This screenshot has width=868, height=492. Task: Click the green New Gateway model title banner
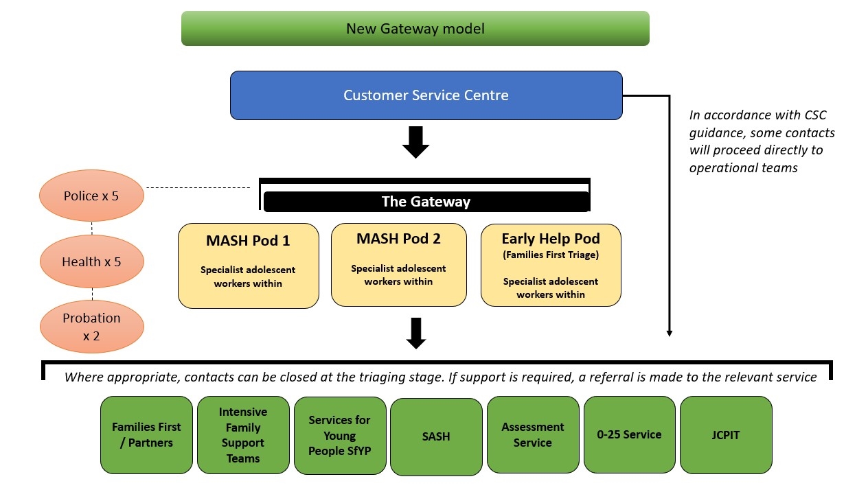pos(415,28)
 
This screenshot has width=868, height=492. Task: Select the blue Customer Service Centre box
pos(426,95)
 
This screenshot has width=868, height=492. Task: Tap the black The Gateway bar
pos(426,201)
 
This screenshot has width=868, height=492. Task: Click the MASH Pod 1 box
pos(249,266)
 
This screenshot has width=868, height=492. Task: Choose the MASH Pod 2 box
pos(399,265)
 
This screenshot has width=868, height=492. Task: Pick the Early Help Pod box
pos(551,265)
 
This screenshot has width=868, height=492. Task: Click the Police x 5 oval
pos(91,196)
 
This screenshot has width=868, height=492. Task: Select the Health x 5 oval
pos(92,261)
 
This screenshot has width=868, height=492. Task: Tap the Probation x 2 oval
pos(92,327)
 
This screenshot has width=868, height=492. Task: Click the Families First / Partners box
pos(146,435)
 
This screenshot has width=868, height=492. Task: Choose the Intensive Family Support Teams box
pos(243,435)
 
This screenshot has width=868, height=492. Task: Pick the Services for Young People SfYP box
pos(340,436)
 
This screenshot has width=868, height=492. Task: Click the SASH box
pos(436,436)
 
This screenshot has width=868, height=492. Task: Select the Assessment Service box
pos(533,434)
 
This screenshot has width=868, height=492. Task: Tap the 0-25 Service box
pos(629,434)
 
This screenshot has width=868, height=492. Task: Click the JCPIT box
pos(726,435)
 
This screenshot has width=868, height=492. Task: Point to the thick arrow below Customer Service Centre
pos(415,142)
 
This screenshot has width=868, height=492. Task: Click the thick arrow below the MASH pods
pos(416,333)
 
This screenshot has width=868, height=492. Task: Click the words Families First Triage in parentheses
pos(551,255)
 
